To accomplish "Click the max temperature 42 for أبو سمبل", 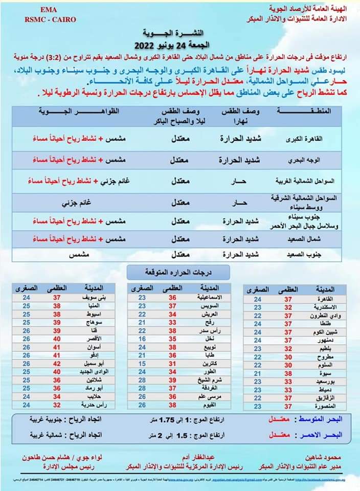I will pyautogui.click(x=57, y=363).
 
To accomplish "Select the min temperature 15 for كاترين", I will pyautogui.click(x=143, y=363).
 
